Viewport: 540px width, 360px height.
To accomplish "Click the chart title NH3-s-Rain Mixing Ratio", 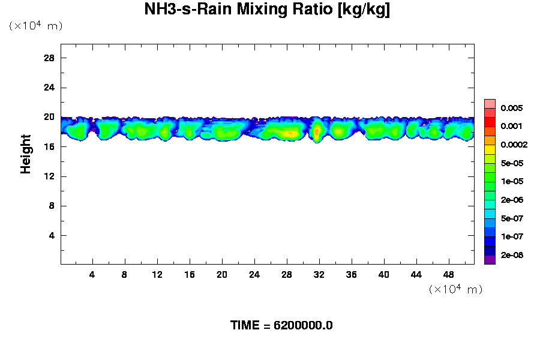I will [x=267, y=10].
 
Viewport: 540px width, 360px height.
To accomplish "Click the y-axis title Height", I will [x=26, y=154].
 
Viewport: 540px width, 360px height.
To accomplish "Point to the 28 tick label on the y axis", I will [x=49, y=58].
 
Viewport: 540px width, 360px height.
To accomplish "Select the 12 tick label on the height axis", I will [x=49, y=176].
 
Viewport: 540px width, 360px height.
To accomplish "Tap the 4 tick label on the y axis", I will [x=52, y=236].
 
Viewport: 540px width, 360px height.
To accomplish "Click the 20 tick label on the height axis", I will [x=49, y=118].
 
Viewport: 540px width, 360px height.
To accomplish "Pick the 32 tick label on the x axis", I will [x=319, y=274].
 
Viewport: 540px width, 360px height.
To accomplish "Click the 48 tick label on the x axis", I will [x=449, y=274].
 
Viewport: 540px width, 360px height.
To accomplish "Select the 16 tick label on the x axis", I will [x=189, y=274].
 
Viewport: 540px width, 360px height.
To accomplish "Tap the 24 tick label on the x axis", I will [x=254, y=274].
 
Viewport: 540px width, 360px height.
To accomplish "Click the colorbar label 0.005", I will [x=511, y=109].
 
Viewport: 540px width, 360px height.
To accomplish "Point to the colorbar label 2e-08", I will [x=511, y=256].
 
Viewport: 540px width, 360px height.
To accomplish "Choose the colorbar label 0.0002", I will [x=513, y=145].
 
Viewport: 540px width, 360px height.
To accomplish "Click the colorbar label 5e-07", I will [x=511, y=219].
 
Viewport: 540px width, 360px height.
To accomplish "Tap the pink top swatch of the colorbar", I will [x=490, y=103].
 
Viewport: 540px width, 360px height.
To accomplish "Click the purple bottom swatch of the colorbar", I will [x=490, y=260].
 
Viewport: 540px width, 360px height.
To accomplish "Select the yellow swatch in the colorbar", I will [x=490, y=149].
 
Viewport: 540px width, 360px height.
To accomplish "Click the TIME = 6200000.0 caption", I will [x=281, y=326].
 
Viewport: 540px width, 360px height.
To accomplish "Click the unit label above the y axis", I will [x=35, y=26].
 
